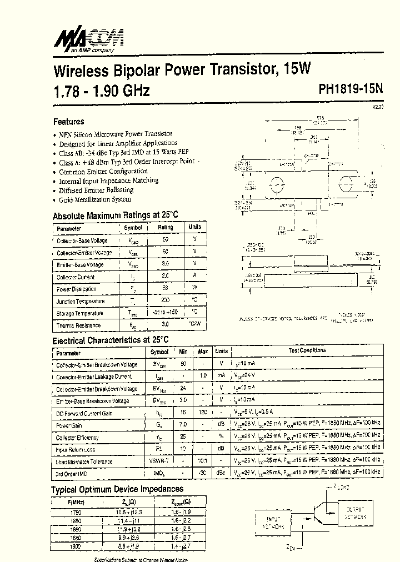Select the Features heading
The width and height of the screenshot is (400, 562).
point(69,122)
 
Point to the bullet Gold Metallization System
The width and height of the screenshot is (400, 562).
point(95,199)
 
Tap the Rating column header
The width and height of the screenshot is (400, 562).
point(165,227)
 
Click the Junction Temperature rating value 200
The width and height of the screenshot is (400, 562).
point(165,300)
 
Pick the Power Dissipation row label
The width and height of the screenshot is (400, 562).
point(77,289)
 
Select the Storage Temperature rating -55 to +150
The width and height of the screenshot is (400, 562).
point(166,313)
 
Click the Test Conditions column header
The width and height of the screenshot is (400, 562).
point(307,351)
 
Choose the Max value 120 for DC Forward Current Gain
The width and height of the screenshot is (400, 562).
point(203,413)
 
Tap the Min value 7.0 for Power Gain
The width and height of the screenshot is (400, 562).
point(183,425)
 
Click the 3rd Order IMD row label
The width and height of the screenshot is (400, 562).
point(72,474)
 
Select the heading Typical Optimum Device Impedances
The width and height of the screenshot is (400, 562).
point(117,489)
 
